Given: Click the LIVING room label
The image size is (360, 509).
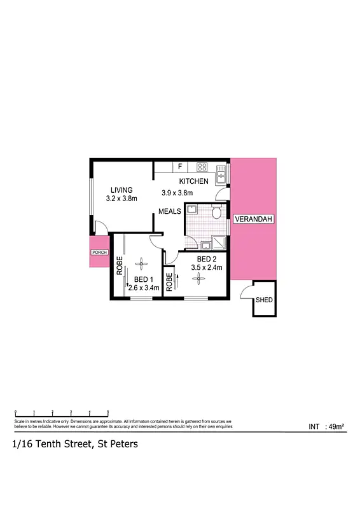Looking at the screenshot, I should pos(121,190).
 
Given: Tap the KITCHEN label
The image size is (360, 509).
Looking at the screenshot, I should pos(193,182).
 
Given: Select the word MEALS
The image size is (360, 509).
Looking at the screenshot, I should pos(170,211).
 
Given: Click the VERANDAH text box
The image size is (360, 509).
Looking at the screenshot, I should pos(254,220).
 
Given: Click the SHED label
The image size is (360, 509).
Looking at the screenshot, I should pos(263,300).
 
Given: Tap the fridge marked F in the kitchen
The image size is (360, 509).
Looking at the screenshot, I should pos(181,167).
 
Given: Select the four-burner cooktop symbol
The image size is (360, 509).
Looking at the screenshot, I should pos(202,168).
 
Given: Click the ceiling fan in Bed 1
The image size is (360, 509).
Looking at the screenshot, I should pos(142,265).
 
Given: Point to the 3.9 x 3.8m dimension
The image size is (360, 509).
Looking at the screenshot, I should pos(177,193).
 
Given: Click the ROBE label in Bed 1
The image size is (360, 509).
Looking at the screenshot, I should pos(119,265).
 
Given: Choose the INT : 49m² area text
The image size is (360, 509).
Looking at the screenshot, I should pos(326,427).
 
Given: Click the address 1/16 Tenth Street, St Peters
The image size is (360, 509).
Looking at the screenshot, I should pos(74,445).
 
